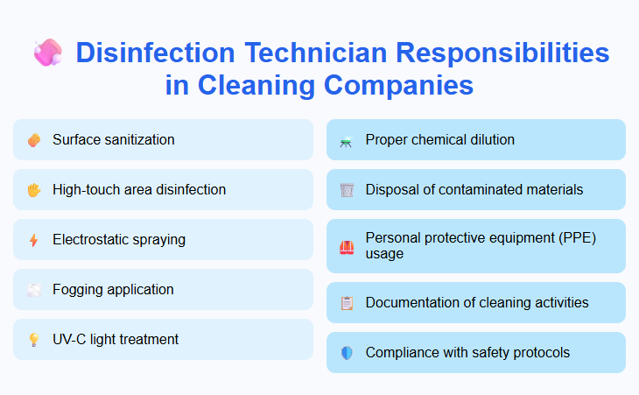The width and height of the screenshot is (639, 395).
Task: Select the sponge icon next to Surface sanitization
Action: pyautogui.click(x=34, y=140)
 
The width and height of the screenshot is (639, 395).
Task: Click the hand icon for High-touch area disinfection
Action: pyautogui.click(x=34, y=190)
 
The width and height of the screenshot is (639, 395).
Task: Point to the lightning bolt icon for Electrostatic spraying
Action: pyautogui.click(x=34, y=240)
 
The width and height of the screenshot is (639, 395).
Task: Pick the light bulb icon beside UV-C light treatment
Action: pyautogui.click(x=34, y=340)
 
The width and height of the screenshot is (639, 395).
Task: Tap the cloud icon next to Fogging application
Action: pyautogui.click(x=34, y=290)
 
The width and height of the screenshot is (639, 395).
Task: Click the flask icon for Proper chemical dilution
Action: pyautogui.click(x=347, y=140)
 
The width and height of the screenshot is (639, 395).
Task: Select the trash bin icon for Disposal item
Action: pyautogui.click(x=347, y=190)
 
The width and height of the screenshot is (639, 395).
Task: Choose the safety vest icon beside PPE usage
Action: pyautogui.click(x=347, y=246)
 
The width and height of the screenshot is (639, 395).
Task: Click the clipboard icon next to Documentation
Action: pyautogui.click(x=347, y=303)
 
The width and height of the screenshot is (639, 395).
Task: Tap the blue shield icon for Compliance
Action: pyautogui.click(x=347, y=353)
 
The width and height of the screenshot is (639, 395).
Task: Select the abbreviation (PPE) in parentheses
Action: pyautogui.click(x=578, y=238)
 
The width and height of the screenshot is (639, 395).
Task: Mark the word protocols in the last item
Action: pyautogui.click(x=539, y=352)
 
